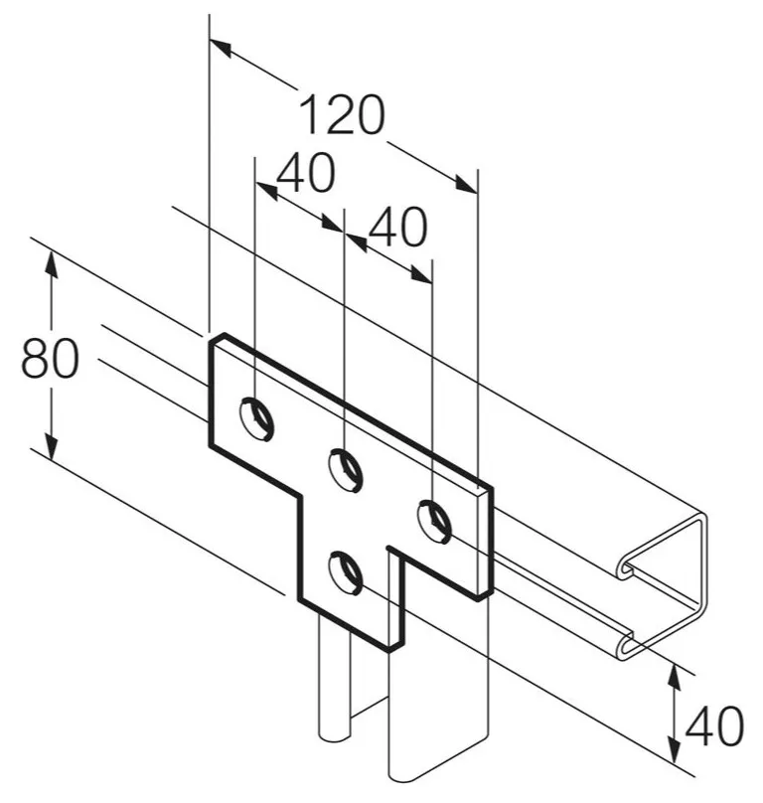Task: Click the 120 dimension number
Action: coord(342,114)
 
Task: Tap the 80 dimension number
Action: coord(51,358)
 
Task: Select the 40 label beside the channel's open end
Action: coord(714,725)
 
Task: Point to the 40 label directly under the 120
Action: coord(306,173)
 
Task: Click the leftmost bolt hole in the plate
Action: coord(256,418)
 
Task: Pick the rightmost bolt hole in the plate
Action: coord(435,522)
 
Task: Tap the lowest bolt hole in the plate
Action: coord(346,572)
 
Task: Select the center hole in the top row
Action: coord(346,470)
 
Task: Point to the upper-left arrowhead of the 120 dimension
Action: coord(221,47)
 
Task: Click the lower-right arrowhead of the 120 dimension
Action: coord(466,185)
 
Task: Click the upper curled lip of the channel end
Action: coord(627,569)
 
